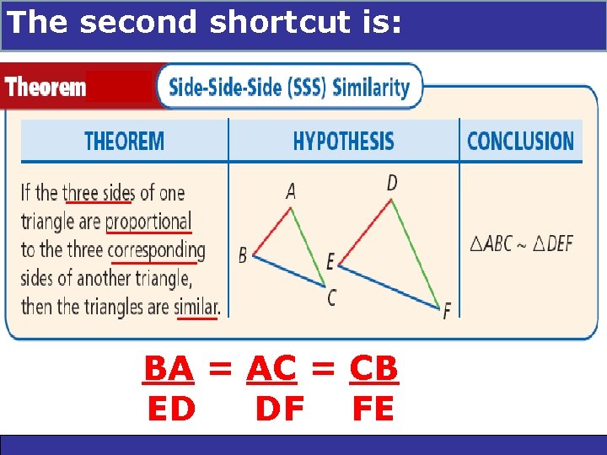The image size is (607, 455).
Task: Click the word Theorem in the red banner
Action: click(46, 86)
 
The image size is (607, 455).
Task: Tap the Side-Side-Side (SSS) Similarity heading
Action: click(289, 87)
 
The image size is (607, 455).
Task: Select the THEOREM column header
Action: click(124, 141)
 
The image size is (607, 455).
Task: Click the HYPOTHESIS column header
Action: click(343, 141)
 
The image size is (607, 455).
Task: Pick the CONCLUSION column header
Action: click(520, 141)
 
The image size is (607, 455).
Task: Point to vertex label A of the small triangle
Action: click(291, 192)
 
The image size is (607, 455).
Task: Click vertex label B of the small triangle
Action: click(243, 254)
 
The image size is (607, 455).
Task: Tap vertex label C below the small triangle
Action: click(331, 298)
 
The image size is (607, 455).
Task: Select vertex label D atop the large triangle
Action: click(392, 182)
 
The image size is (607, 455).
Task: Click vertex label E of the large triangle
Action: click(330, 261)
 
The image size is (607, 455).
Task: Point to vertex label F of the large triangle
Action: click(446, 312)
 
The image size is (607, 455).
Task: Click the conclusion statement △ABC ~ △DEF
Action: click(521, 244)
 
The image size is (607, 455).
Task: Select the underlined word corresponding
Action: click(157, 250)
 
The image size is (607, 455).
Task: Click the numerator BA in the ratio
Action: click(169, 368)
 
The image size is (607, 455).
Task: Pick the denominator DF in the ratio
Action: click(279, 409)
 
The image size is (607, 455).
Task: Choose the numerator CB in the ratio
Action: click(373, 368)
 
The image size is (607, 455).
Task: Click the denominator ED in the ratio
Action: click(171, 409)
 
